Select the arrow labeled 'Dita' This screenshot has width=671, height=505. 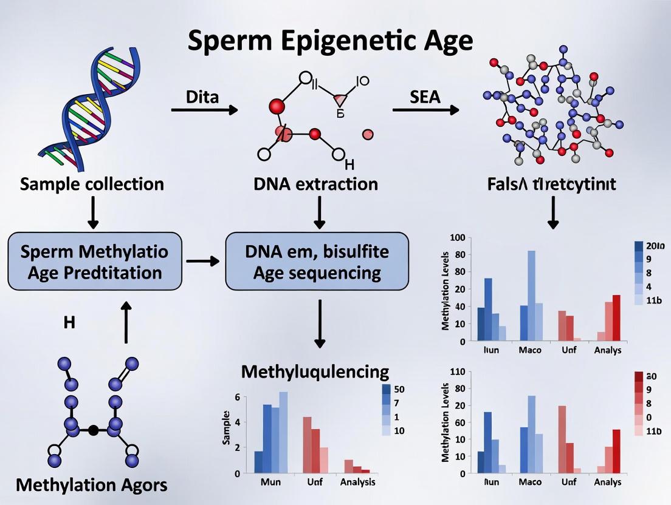(204, 110)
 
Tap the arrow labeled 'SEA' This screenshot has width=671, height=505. (425, 110)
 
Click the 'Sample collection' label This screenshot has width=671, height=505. (92, 184)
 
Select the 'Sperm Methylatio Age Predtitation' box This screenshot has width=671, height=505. (94, 261)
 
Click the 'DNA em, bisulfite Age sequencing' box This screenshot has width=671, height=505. (316, 261)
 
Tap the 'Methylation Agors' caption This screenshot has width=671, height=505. (91, 485)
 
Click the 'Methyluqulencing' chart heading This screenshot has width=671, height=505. (315, 371)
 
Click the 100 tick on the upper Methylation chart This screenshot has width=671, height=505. (458, 238)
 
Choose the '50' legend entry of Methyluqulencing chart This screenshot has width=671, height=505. (399, 390)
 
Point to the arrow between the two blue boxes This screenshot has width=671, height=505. (202, 261)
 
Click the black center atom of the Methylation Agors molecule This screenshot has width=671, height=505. (93, 430)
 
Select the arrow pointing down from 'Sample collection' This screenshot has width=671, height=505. (93, 214)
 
